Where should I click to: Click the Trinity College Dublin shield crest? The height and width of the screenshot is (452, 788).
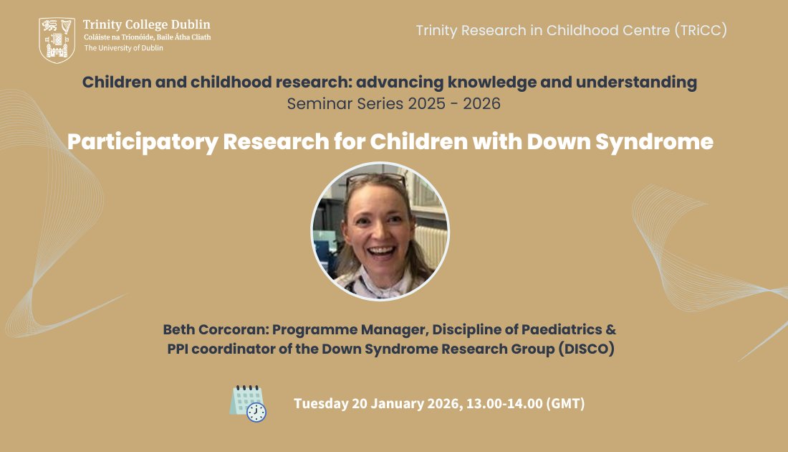(x=57, y=40)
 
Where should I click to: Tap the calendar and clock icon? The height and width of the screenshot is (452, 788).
(x=248, y=403)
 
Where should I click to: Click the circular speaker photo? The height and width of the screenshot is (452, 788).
(x=380, y=231)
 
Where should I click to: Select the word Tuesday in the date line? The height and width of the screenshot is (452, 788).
(x=321, y=403)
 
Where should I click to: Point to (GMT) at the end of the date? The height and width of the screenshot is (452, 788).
(x=565, y=403)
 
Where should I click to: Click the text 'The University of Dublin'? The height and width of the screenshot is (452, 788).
(x=124, y=48)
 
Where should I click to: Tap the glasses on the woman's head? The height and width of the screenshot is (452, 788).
(x=376, y=179)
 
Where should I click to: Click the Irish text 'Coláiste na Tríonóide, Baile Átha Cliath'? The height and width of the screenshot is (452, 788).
(x=147, y=37)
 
